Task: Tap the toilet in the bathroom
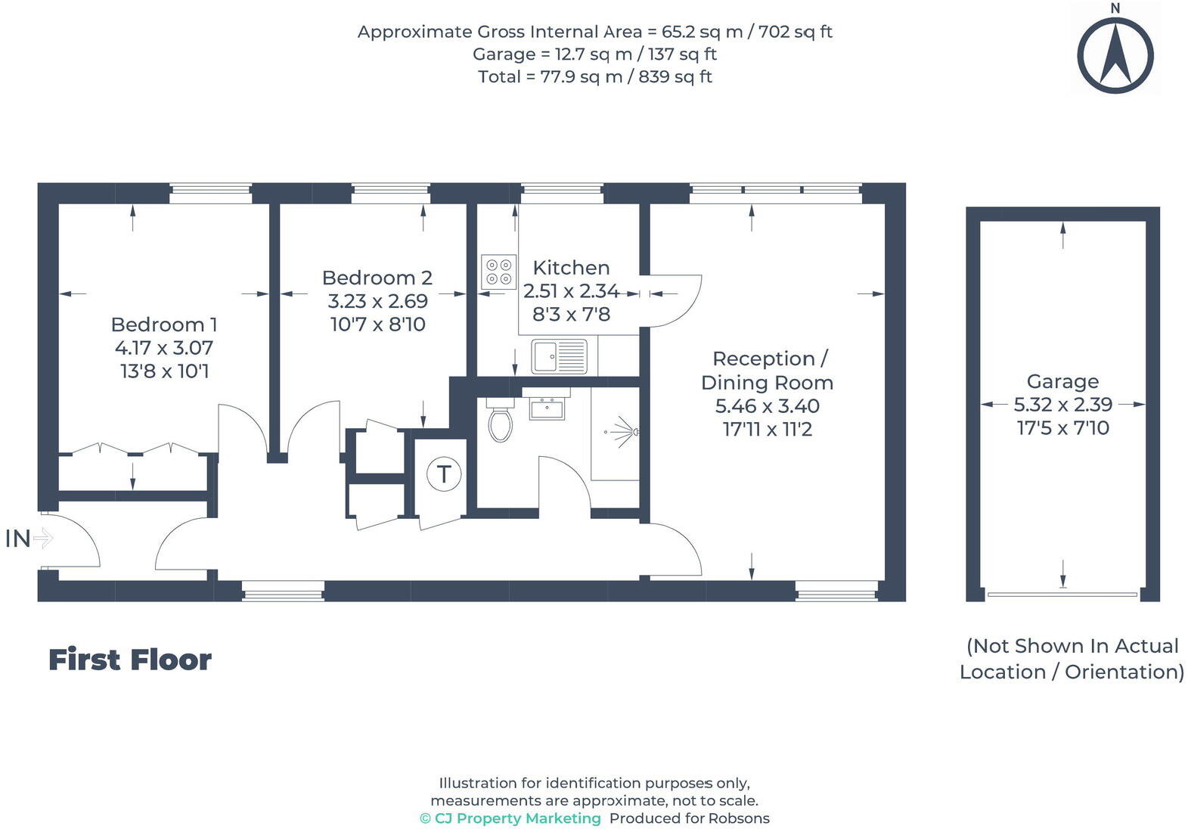coord(500,420)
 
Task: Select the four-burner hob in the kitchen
coord(498,272)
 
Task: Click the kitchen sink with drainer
coord(559,356)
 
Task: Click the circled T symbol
coord(443,473)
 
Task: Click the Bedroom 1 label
coord(164,324)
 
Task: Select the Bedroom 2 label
coord(377,278)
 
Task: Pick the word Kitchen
coord(571,267)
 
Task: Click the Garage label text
coord(1062,381)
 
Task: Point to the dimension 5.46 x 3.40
coord(767,405)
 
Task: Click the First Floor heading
coord(130,660)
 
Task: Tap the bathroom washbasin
coord(546,408)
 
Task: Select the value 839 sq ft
coord(675,77)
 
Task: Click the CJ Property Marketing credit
coord(510,818)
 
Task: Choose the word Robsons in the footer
coord(739,818)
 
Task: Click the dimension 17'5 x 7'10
coord(1062,427)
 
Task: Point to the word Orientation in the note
coord(1124,672)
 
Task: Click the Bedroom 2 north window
coord(390,193)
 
